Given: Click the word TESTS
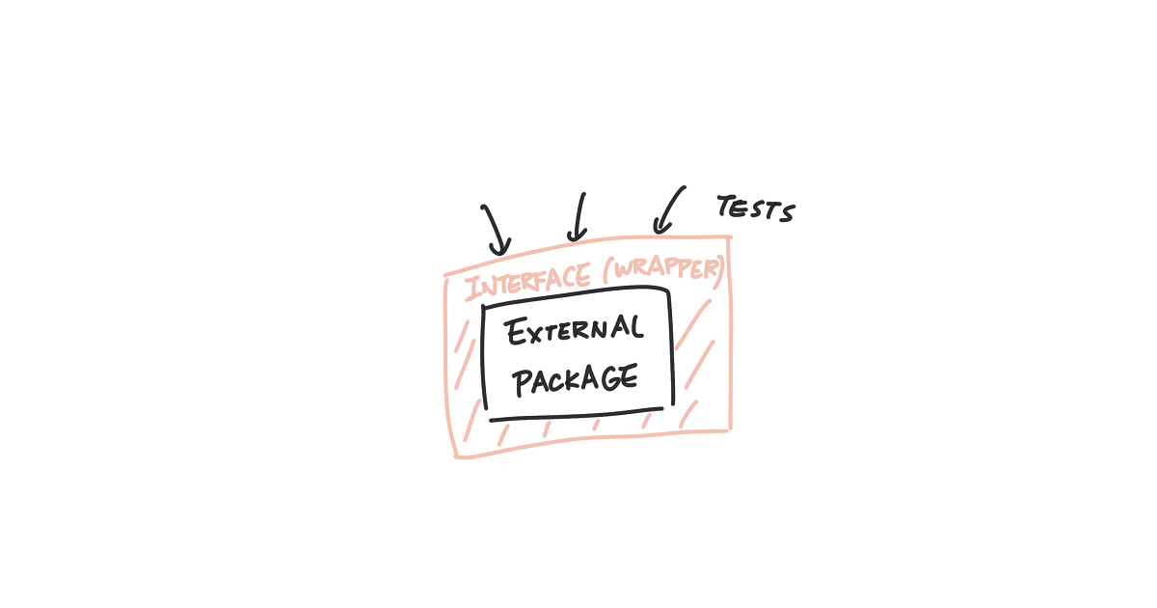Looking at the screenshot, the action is (756, 208).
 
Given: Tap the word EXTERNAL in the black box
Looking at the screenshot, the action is (575, 331).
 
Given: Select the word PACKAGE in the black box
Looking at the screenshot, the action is (576, 380).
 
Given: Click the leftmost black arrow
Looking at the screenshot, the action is (495, 230).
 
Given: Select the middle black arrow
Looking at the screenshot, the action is (578, 217).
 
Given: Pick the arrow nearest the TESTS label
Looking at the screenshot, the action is (668, 210).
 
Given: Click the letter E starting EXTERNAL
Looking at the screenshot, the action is (517, 332).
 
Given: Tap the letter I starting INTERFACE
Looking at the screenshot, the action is (472, 290).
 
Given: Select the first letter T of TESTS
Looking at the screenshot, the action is (726, 205).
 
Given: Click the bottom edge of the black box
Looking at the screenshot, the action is (576, 416).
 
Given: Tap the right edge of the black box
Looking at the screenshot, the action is (672, 347).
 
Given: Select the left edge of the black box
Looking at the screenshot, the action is (483, 357).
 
